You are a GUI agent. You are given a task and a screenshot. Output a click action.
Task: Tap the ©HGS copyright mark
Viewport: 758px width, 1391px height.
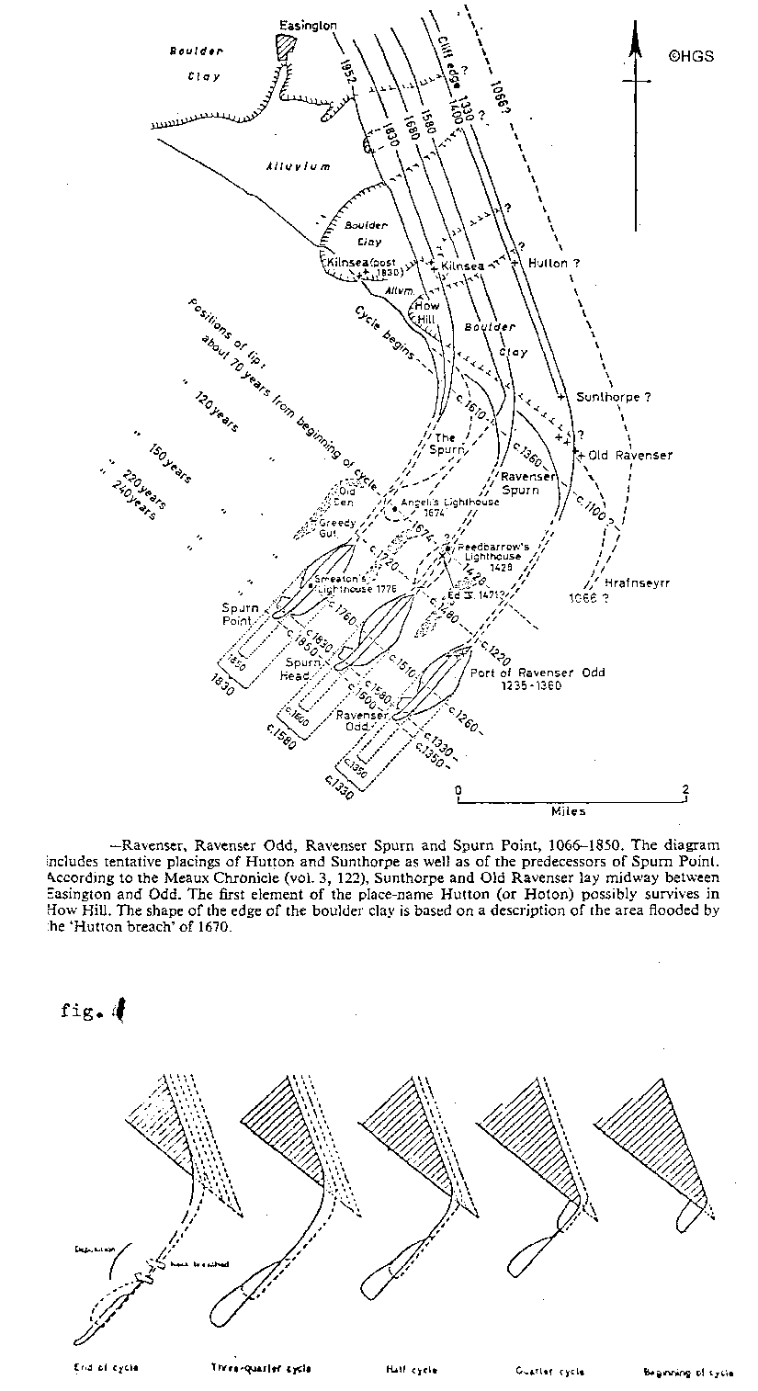tap(690, 56)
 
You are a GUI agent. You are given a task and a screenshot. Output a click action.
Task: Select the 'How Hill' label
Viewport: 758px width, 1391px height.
tap(427, 312)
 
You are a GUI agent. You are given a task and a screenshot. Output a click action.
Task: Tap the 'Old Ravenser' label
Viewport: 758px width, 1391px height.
tap(630, 455)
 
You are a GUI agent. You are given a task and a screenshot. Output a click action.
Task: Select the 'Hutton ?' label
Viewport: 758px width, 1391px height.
tap(555, 264)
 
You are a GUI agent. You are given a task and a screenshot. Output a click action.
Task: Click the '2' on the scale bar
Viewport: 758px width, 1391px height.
tap(684, 790)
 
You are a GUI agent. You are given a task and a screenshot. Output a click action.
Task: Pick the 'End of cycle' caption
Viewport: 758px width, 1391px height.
tap(107, 1368)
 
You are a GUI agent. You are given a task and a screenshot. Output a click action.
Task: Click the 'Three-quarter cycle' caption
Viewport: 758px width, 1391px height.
tap(256, 1369)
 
